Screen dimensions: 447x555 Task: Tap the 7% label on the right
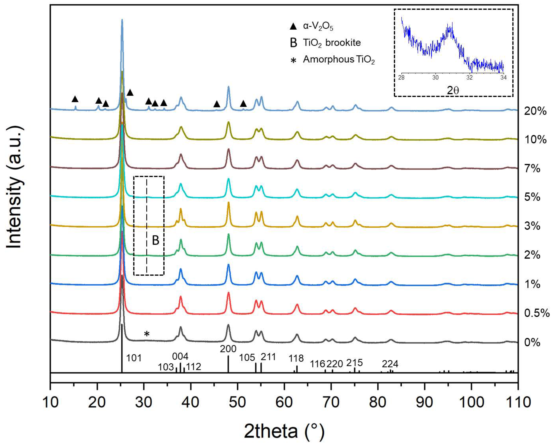click(x=532, y=169)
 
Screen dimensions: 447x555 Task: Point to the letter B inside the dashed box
click(x=156, y=240)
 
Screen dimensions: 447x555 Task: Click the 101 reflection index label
click(x=134, y=358)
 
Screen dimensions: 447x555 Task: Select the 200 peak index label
click(x=228, y=349)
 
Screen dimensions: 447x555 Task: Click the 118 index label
click(x=296, y=358)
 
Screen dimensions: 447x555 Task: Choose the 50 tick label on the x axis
click(x=237, y=402)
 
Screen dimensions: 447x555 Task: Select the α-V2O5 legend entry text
click(x=318, y=26)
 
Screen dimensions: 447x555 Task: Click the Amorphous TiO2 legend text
click(x=338, y=60)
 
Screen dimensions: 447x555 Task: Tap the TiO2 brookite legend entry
click(x=331, y=43)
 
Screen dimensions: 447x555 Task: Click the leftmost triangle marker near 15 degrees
click(x=75, y=99)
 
